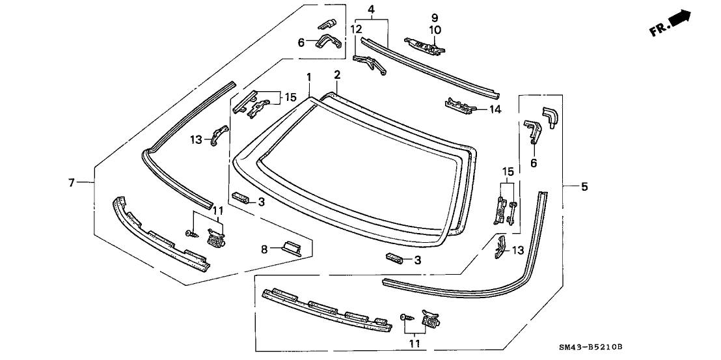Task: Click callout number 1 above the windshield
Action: [309, 76]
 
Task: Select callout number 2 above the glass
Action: [337, 75]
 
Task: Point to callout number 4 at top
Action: [371, 9]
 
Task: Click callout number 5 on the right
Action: [584, 187]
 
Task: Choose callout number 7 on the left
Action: [72, 183]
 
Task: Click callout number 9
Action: [435, 18]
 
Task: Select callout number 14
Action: [495, 109]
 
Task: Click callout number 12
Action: [356, 29]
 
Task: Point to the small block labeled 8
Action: [290, 248]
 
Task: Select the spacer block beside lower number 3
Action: [394, 259]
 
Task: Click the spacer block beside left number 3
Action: [241, 197]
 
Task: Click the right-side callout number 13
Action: [517, 250]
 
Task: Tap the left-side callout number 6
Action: [301, 43]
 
